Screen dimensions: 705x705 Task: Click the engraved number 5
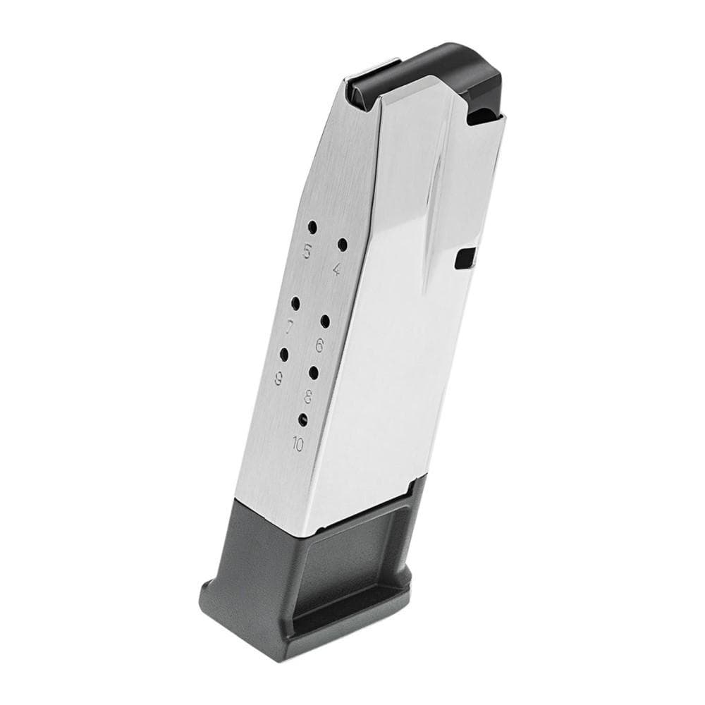coord(307,250)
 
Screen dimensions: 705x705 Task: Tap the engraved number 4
coord(337,268)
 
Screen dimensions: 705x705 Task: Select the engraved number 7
coord(290,326)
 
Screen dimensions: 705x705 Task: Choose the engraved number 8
coord(308,394)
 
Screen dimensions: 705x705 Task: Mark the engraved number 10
coord(297,444)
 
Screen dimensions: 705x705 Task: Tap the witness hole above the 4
coord(343,245)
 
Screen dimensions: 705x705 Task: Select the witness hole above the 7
coord(295,304)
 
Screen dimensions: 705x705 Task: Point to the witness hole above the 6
coord(325,321)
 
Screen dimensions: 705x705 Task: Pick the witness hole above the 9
coord(284,355)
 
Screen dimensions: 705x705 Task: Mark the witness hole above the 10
coord(303,419)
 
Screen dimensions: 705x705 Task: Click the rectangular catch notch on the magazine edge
coord(464,259)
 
